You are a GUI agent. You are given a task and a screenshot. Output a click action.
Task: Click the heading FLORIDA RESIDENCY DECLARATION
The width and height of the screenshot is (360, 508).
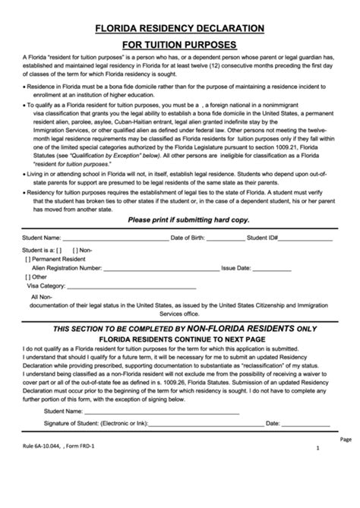(179, 28)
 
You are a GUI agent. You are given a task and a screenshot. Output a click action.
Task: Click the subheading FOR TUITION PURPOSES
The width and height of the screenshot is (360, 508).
(179, 45)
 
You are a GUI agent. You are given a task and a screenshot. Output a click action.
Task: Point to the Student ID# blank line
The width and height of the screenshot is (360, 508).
(307, 239)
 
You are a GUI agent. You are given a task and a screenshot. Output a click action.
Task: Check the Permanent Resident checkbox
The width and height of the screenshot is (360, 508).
(28, 259)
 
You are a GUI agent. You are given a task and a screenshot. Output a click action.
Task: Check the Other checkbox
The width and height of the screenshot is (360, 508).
(28, 277)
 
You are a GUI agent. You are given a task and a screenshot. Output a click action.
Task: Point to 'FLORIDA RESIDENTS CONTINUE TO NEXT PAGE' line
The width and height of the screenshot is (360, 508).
(179, 341)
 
